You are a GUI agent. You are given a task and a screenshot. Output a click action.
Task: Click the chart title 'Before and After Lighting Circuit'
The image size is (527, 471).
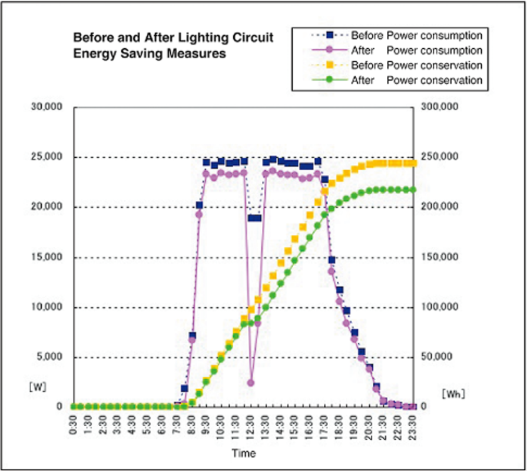[x=173, y=37]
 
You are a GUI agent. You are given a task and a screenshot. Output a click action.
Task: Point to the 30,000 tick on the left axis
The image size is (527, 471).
[x=48, y=108]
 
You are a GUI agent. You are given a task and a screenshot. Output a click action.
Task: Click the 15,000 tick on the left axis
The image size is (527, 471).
[x=48, y=258]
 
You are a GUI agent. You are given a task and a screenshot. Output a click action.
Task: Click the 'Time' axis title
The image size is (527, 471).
[x=243, y=453]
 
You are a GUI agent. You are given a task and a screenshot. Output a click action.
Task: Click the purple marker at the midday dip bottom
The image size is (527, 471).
[x=251, y=383]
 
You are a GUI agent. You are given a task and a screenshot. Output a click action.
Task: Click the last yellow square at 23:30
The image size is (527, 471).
[x=413, y=163]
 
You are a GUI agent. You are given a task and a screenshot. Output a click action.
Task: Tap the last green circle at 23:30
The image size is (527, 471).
[x=413, y=190]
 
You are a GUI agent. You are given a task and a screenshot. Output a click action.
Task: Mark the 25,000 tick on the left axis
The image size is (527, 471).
[x=48, y=157]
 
